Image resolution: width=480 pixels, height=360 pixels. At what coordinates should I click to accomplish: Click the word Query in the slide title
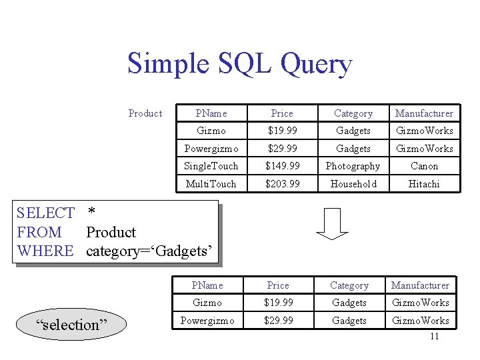pos(316,65)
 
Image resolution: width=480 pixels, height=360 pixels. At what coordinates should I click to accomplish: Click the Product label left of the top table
pos(145,113)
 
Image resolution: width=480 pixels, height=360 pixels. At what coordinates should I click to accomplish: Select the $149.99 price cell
pos(282,166)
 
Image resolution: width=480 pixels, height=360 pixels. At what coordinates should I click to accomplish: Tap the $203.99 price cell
pos(282,184)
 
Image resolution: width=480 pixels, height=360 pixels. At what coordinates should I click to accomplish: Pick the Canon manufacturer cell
pos(424,166)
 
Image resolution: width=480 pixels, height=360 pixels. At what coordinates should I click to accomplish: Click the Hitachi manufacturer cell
pos(424,184)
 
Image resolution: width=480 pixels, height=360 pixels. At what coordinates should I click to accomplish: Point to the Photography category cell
pos(353,166)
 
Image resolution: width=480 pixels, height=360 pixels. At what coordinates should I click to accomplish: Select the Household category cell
pos(353,184)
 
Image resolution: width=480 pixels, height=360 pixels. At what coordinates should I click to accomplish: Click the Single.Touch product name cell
pos(211,166)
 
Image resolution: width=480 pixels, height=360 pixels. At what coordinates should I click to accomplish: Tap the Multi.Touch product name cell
pos(211,184)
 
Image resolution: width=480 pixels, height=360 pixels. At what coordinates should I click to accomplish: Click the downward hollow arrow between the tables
pos(332,223)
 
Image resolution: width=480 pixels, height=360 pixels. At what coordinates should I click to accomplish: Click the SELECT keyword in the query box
pos(45,213)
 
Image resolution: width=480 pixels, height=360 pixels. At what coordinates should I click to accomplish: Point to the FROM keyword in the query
pos(39,233)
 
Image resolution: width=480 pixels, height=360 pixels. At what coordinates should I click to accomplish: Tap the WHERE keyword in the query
pos(45,251)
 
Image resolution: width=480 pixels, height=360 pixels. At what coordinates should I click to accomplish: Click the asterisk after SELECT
pos(92,213)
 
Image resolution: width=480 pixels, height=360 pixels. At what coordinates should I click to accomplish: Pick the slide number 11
pos(434,337)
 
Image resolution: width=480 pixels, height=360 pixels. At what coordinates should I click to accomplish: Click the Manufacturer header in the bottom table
pos(420,285)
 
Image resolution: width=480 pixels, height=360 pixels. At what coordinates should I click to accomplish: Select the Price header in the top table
pos(282,113)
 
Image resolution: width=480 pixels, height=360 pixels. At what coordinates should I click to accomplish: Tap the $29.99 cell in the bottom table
pos(278,321)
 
